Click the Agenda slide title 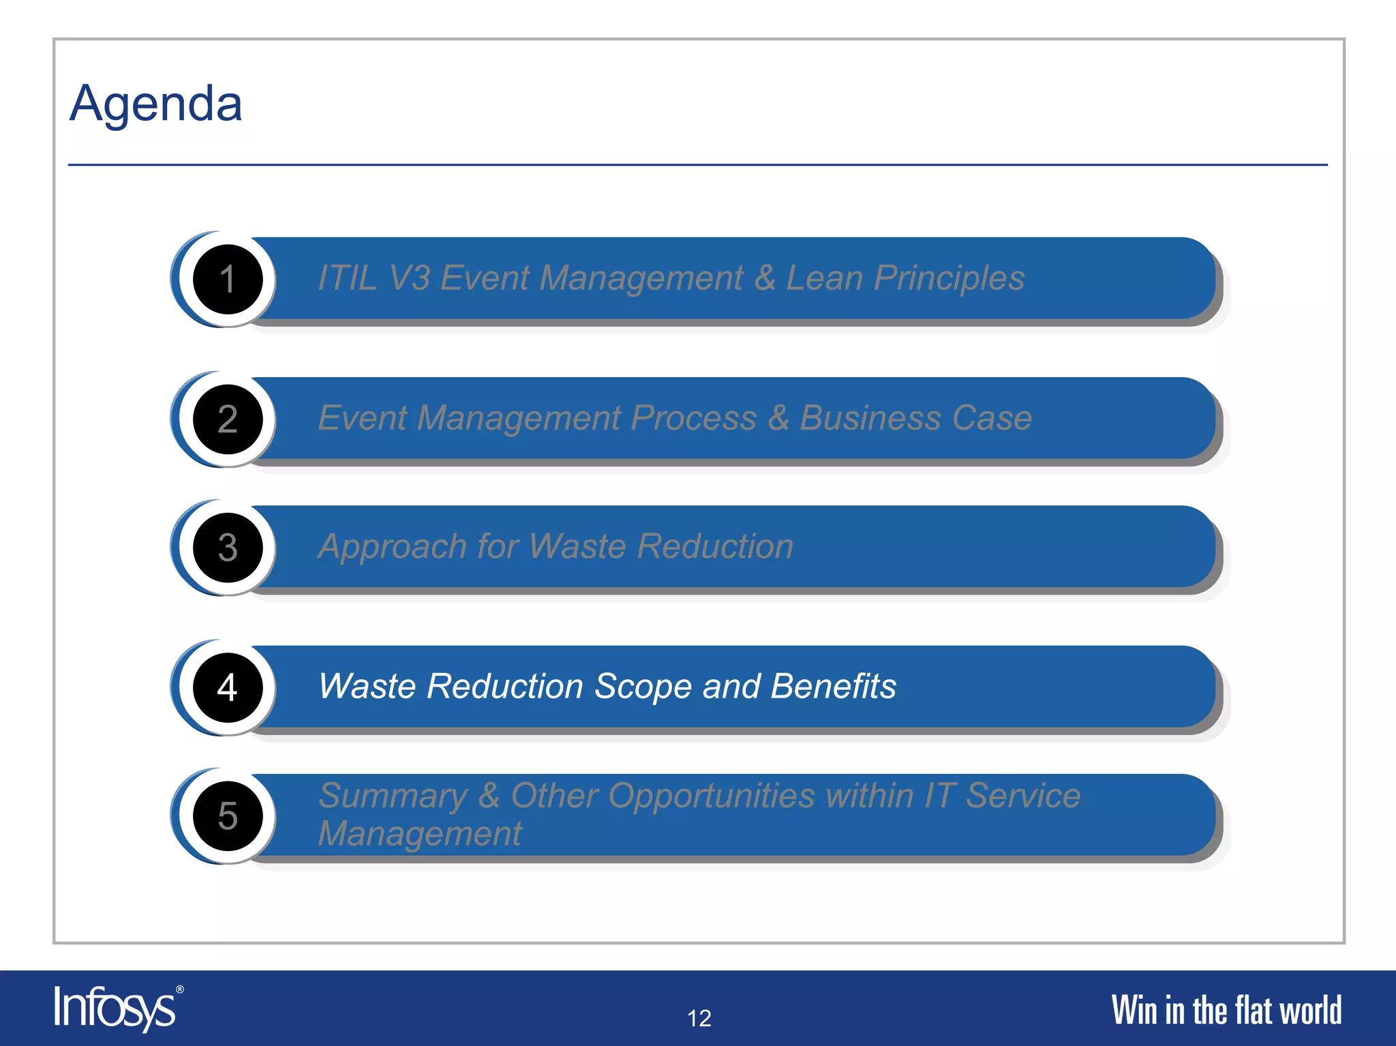click(156, 104)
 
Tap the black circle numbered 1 click(228, 279)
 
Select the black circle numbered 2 click(228, 419)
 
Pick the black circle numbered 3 click(228, 547)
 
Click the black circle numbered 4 click(228, 687)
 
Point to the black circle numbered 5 click(228, 816)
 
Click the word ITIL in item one click(347, 278)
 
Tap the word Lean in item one click(824, 278)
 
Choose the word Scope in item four click(643, 687)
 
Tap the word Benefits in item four click(833, 687)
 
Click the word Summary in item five click(393, 796)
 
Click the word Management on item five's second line click(420, 833)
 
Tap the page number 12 click(699, 1018)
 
